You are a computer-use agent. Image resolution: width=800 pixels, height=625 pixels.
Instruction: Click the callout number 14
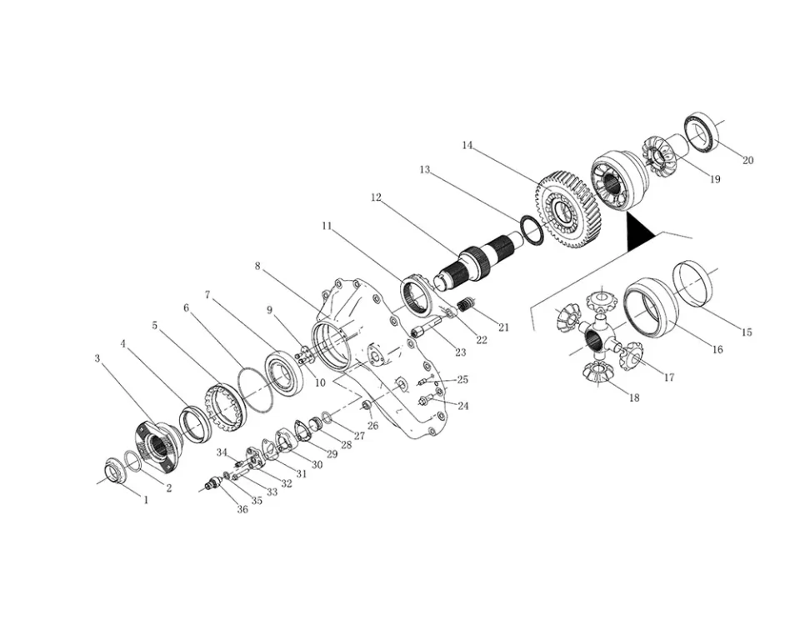467,145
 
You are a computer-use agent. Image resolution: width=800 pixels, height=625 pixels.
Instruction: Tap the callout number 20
747,160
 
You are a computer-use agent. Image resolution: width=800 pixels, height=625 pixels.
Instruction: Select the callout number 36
242,509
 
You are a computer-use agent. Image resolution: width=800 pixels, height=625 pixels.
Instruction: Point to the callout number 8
257,266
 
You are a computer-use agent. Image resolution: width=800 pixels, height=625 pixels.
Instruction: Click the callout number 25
462,380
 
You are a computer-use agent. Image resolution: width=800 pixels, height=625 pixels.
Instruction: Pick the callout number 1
145,500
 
